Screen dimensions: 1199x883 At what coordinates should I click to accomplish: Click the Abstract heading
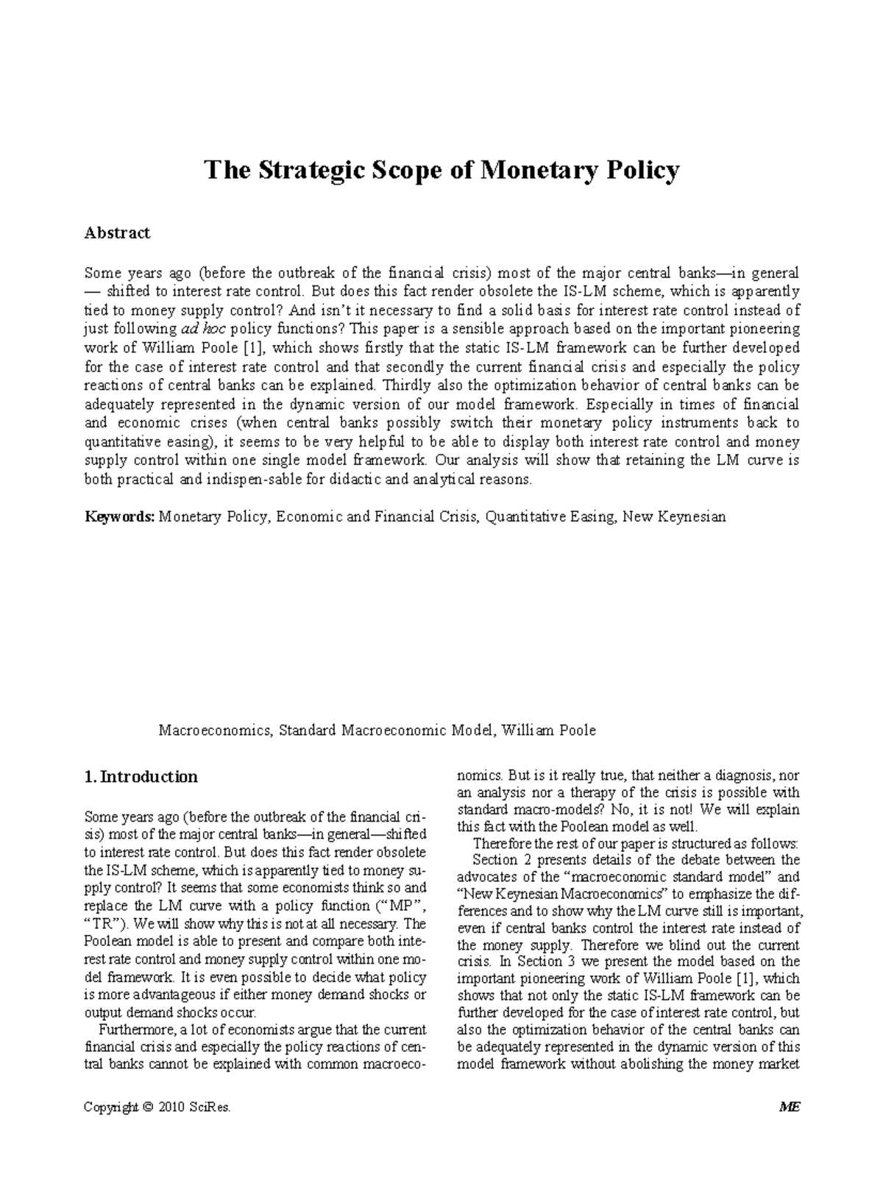coord(117,233)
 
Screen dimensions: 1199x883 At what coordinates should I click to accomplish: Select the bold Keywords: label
coord(120,516)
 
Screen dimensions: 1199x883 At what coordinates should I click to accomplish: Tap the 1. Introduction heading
coord(141,777)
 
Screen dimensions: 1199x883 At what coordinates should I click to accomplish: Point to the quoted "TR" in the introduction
coord(102,922)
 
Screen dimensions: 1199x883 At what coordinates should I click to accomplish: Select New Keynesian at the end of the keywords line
coord(674,516)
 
